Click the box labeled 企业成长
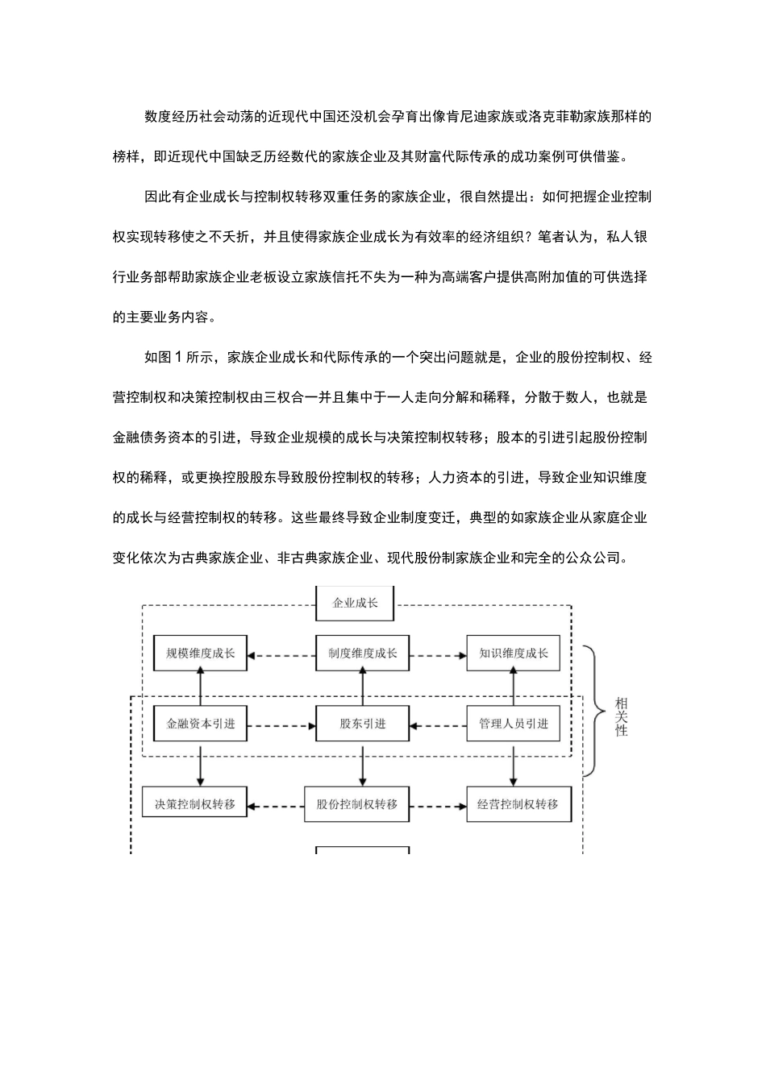point(355,603)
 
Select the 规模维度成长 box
point(200,653)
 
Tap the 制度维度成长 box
point(362,653)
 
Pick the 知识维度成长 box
point(514,653)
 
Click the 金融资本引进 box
point(200,724)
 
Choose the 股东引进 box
point(362,724)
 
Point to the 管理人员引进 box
point(514,724)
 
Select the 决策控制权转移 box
point(194,804)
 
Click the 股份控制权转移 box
point(356,804)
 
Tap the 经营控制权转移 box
point(518,804)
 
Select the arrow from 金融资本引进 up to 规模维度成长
point(200,688)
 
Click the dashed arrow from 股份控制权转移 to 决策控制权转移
point(276,805)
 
